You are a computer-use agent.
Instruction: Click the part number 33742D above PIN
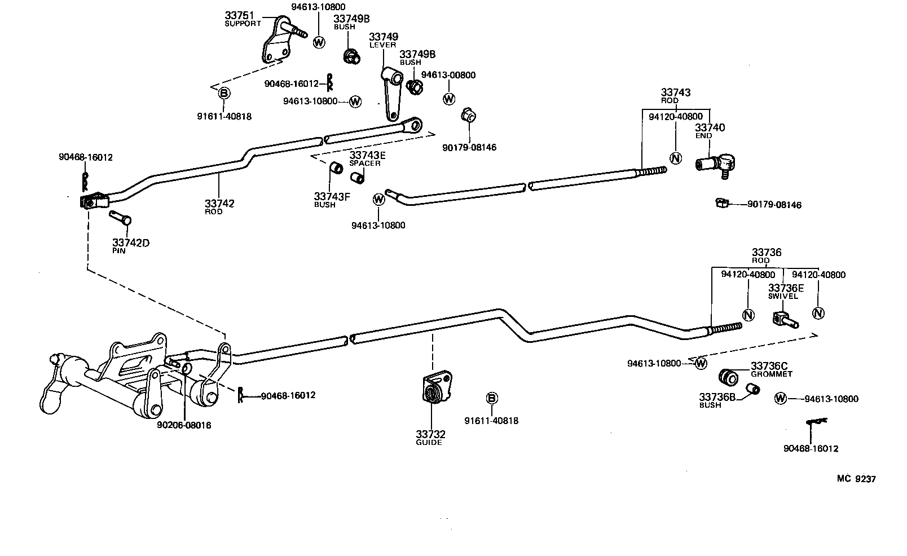click(130, 243)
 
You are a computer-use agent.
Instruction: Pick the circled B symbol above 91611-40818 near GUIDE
click(491, 399)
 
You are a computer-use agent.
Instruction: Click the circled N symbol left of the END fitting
click(675, 158)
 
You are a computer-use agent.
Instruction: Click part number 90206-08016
click(184, 425)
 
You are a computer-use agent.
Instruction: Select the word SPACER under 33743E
click(364, 164)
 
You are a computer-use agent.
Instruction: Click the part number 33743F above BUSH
click(332, 196)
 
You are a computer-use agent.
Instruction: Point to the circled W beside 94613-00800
click(448, 99)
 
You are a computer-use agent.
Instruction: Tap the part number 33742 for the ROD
click(219, 204)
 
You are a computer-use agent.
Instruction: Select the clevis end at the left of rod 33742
click(93, 201)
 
